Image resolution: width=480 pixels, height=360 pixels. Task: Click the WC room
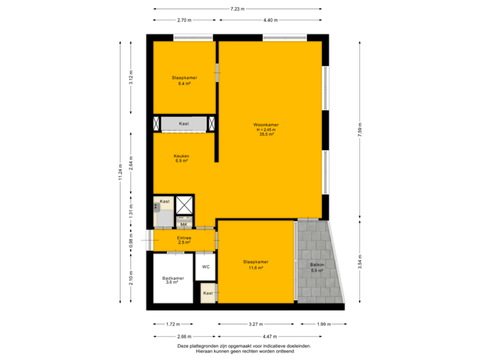(206, 267)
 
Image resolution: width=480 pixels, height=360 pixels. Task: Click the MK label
(183, 225)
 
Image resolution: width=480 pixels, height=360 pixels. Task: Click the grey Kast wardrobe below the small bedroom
(184, 124)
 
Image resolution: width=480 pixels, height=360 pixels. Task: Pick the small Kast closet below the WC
(208, 293)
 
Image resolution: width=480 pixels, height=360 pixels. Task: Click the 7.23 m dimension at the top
(237, 9)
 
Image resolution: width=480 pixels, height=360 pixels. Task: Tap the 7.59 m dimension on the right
(359, 129)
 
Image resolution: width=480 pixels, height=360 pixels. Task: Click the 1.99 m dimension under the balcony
(322, 325)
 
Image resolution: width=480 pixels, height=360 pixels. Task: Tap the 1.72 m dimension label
(173, 325)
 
